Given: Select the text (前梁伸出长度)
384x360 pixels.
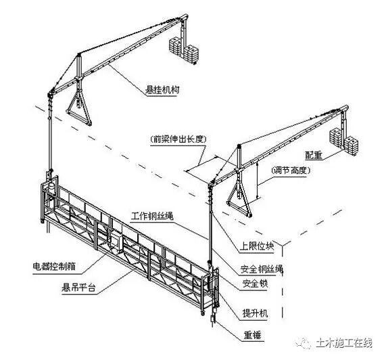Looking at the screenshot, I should point(178,139).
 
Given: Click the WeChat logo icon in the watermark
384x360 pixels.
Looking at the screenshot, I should point(306,343).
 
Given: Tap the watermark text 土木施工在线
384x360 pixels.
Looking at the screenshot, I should point(344,343).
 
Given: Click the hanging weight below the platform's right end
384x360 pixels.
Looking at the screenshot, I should point(214,318).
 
